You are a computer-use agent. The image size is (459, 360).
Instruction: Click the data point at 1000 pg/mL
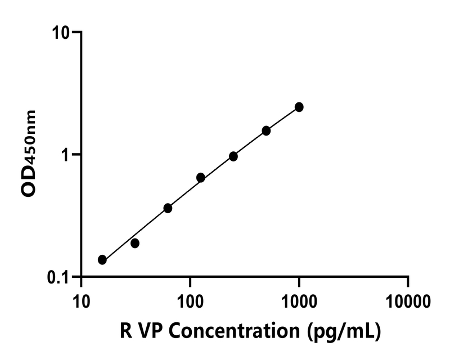click(x=299, y=107)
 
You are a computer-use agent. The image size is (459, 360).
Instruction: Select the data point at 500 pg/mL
click(x=266, y=130)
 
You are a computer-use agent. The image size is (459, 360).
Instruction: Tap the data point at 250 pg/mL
click(x=233, y=156)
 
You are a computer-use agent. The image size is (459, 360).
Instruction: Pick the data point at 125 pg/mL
click(x=200, y=178)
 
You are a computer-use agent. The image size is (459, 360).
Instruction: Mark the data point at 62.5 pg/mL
click(x=168, y=208)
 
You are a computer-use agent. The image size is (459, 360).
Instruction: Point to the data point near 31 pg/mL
click(x=135, y=243)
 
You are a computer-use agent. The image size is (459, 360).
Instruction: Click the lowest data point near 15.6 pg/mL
click(x=102, y=259)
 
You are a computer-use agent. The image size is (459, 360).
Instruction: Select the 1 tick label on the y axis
click(x=69, y=155)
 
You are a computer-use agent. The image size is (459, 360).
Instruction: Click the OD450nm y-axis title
click(x=29, y=153)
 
